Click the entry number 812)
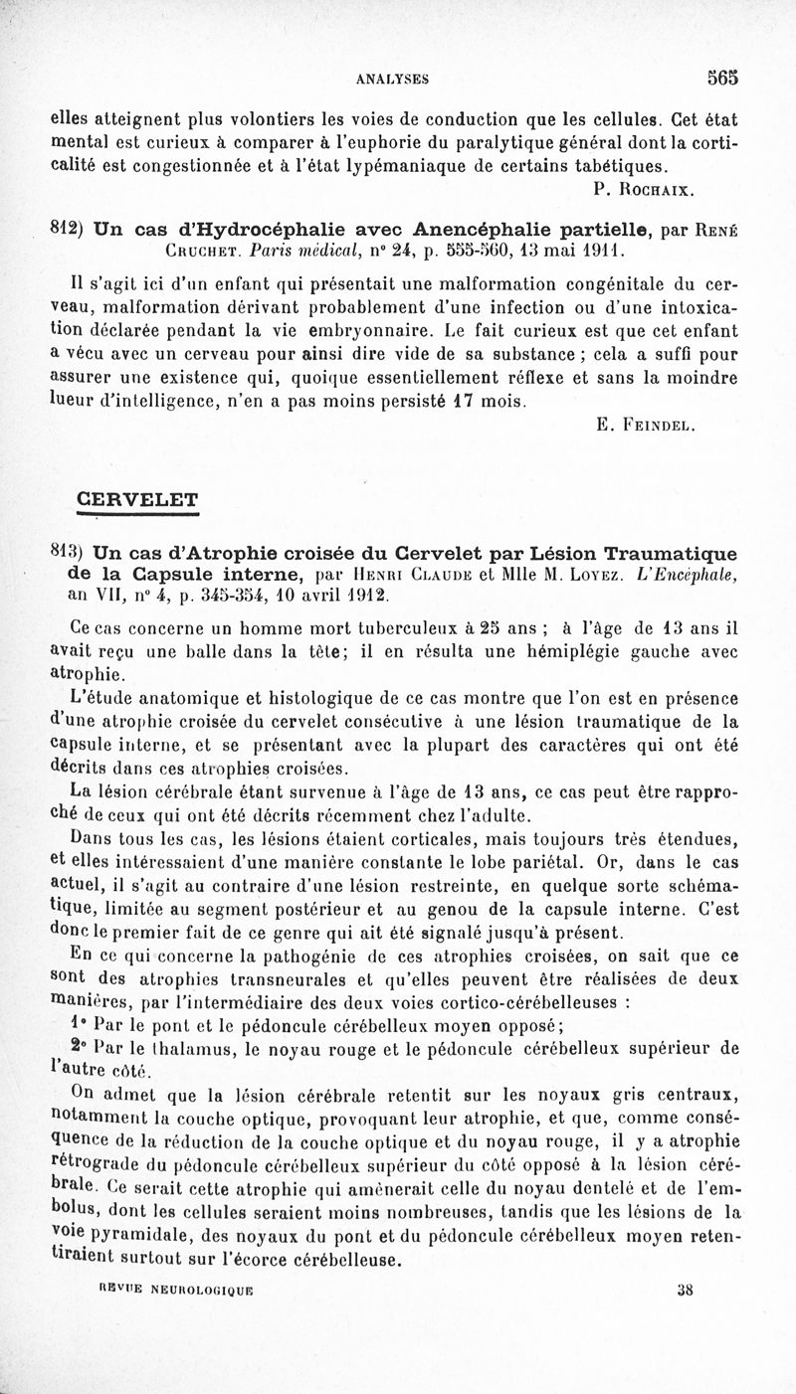tap(66, 228)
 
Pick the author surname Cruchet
tap(203, 249)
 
